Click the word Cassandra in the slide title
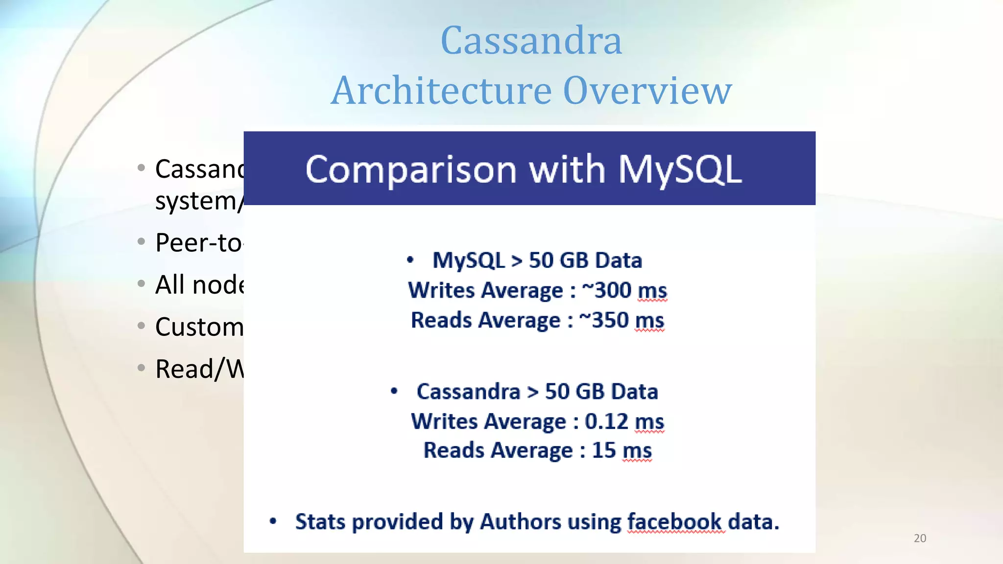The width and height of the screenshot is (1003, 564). [531, 40]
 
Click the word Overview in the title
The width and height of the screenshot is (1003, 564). [647, 91]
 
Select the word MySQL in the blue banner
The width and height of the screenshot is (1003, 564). [680, 169]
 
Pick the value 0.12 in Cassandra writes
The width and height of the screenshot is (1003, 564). [606, 422]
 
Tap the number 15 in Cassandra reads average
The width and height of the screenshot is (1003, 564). [604, 450]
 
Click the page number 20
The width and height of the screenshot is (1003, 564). [920, 538]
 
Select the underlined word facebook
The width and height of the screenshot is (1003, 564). [674, 522]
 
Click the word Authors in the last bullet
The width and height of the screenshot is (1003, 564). [520, 522]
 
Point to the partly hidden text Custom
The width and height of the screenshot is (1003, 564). [199, 327]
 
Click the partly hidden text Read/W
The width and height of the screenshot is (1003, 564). [199, 369]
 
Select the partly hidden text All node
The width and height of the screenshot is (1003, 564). [199, 284]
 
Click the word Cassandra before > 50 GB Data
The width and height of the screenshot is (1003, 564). [468, 392]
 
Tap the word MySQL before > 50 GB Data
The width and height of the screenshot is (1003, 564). [468, 260]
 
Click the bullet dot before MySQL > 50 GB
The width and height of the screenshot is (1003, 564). [410, 260]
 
